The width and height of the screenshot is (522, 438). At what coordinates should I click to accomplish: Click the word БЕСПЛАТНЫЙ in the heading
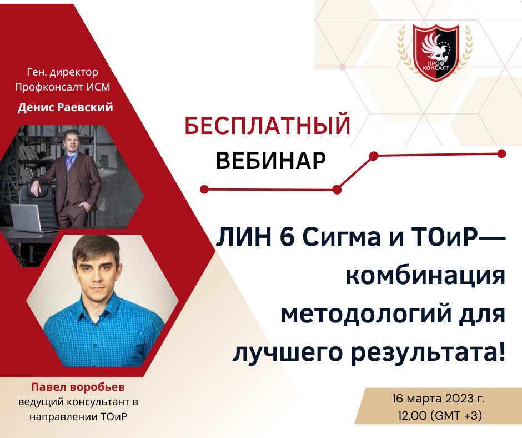click(268, 126)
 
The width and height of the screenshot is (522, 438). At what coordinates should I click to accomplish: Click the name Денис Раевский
click(65, 107)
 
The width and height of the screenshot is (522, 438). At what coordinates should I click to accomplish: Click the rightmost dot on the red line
click(501, 153)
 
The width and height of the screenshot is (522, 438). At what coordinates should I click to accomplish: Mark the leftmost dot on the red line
click(204, 189)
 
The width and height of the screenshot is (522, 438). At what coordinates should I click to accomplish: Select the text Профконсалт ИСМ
click(65, 87)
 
